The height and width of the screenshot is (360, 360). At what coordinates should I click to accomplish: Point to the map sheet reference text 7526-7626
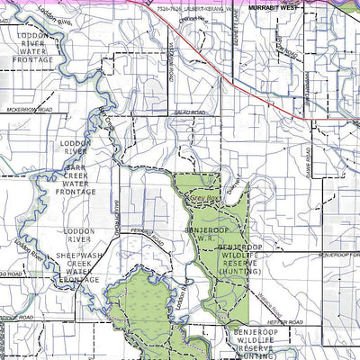coord(171,6)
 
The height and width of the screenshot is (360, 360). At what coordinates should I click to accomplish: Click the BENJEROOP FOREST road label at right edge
coord(339,256)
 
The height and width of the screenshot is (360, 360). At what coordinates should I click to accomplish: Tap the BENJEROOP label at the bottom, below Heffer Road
coord(247,332)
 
